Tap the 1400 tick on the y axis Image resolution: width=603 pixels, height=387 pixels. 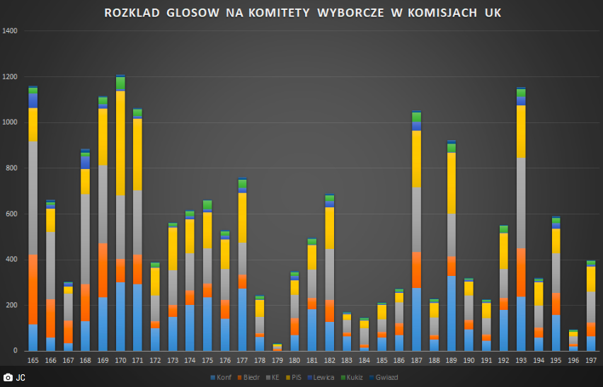(x=11, y=31)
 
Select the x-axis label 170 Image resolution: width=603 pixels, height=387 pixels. (x=120, y=361)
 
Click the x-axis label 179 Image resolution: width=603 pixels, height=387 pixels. (x=277, y=361)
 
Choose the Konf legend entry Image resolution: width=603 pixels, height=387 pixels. (x=220, y=378)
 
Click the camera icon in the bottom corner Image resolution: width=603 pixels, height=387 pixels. (x=8, y=378)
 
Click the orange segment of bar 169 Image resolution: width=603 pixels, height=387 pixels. (x=103, y=270)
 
